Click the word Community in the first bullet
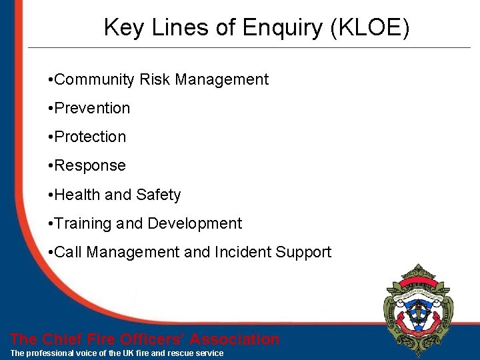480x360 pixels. pyautogui.click(x=95, y=80)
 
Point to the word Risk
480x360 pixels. pyautogui.click(x=155, y=80)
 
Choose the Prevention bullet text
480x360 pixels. pyautogui.click(x=92, y=109)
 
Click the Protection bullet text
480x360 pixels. pyautogui.click(x=90, y=137)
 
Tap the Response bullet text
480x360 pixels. pyautogui.click(x=89, y=166)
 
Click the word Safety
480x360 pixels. pyautogui.click(x=159, y=195)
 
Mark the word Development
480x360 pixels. pyautogui.click(x=195, y=223)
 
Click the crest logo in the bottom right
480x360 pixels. pyautogui.click(x=419, y=309)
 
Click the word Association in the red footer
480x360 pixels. pyautogui.click(x=235, y=339)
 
